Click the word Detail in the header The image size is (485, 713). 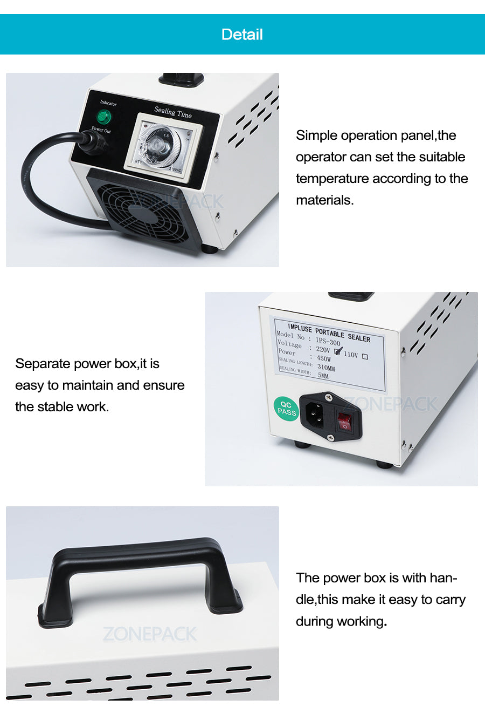click(x=242, y=35)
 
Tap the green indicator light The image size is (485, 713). click(x=103, y=117)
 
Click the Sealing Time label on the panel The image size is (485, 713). click(x=173, y=112)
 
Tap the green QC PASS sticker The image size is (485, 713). click(x=286, y=409)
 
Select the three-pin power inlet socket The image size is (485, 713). click(x=315, y=415)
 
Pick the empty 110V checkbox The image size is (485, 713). click(x=365, y=357)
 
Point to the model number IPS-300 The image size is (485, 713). click(x=328, y=342)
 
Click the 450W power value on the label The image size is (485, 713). click(x=323, y=358)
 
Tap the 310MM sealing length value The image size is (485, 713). click(x=325, y=368)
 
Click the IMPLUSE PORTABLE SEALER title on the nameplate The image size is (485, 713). click(x=329, y=332)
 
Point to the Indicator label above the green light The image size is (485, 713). click(x=108, y=103)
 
